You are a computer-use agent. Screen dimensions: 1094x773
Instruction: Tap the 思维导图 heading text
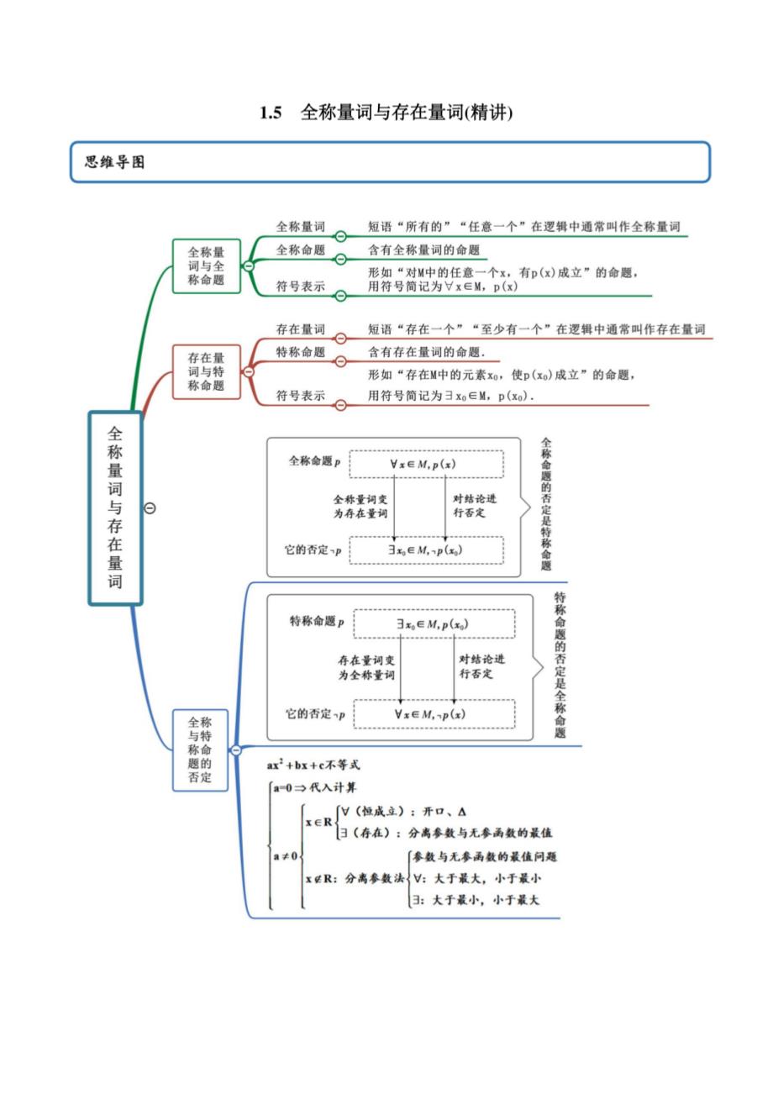coord(115,162)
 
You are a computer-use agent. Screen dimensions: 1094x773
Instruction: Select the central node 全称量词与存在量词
coord(115,508)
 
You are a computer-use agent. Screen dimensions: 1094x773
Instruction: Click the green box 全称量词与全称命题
coord(206,266)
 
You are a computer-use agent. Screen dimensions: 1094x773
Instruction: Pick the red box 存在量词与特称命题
coord(206,371)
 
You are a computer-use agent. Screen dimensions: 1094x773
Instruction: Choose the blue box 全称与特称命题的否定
coord(200,749)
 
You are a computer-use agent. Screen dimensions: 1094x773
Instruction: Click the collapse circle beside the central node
coord(150,508)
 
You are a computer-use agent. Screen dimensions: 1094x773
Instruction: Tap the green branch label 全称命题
coord(300,250)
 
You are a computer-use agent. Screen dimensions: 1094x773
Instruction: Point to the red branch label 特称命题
coord(300,352)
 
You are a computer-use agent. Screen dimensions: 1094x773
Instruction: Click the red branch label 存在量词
coord(300,329)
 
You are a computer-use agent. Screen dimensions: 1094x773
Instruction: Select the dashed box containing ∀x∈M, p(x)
coord(426,464)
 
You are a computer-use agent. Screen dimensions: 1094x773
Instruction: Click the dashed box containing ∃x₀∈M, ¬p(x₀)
coord(426,550)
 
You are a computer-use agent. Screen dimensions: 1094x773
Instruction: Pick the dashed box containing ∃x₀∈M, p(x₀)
coord(434,623)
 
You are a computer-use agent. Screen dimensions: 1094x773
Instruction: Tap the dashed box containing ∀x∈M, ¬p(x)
coord(434,713)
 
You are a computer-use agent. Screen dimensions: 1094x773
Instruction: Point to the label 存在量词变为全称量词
coord(367,668)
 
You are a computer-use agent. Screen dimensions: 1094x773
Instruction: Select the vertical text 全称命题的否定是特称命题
coord(546,503)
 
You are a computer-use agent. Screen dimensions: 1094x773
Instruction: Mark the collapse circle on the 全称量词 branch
coord(340,237)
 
